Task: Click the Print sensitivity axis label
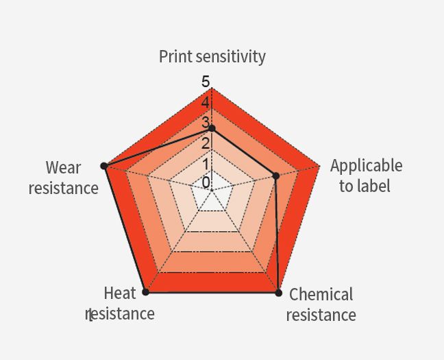[212, 57]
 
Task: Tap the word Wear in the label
[64, 167]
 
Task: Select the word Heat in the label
[119, 293]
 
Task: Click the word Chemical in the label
[321, 294]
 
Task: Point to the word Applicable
[366, 165]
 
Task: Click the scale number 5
[206, 82]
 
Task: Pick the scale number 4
[206, 102]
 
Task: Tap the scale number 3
[205, 123]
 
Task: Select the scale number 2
[206, 143]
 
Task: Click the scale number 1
[206, 164]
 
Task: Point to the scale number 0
[206, 182]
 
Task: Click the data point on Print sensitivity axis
[212, 129]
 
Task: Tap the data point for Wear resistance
[104, 166]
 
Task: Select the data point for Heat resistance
[145, 292]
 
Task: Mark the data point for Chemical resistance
[279, 293]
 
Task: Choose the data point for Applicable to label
[276, 176]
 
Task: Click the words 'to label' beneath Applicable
[365, 186]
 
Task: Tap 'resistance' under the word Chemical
[321, 315]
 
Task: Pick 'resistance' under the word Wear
[64, 188]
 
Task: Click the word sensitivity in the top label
[230, 57]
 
